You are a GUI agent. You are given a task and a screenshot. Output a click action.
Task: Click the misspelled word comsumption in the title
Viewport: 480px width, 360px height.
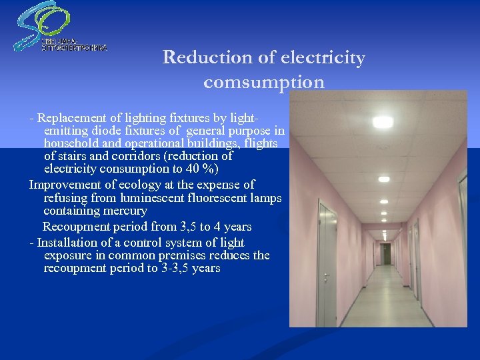(x=264, y=83)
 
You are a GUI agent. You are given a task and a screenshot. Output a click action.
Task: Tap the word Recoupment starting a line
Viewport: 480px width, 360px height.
(x=75, y=227)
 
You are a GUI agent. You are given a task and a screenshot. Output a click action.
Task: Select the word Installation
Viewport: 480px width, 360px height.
(x=73, y=243)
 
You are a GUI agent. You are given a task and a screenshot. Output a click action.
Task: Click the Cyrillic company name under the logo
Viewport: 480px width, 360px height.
(x=74, y=45)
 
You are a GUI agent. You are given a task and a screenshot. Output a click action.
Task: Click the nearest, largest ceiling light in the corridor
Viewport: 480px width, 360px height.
(x=383, y=123)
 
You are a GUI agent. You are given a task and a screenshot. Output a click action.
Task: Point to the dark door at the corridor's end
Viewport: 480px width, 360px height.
(x=386, y=253)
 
